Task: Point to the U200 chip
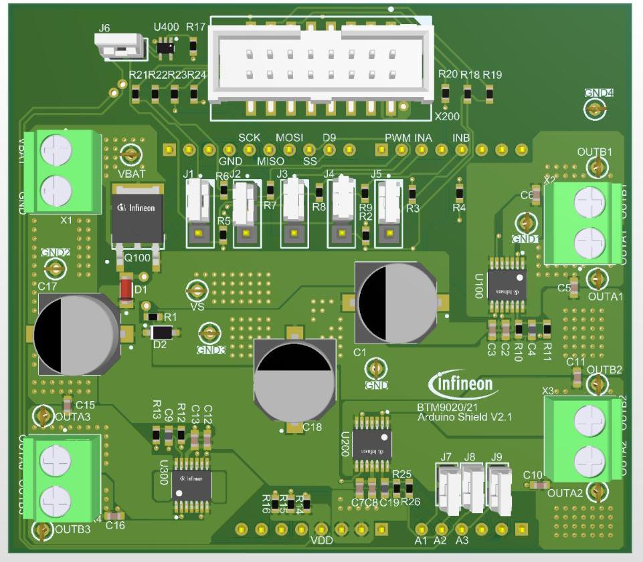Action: [372, 446]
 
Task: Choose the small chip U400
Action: [165, 47]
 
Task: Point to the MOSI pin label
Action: [289, 137]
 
